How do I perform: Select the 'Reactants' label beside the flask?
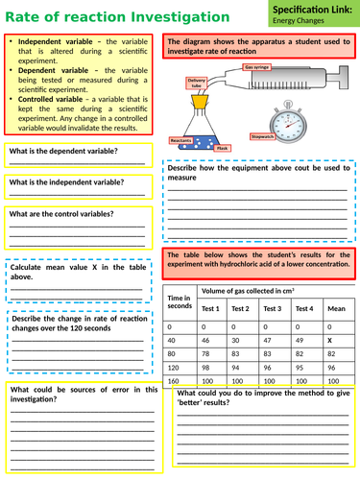[181, 140]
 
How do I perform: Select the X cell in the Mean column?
[329, 341]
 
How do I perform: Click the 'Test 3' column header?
[272, 308]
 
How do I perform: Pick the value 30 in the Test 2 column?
[240, 341]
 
